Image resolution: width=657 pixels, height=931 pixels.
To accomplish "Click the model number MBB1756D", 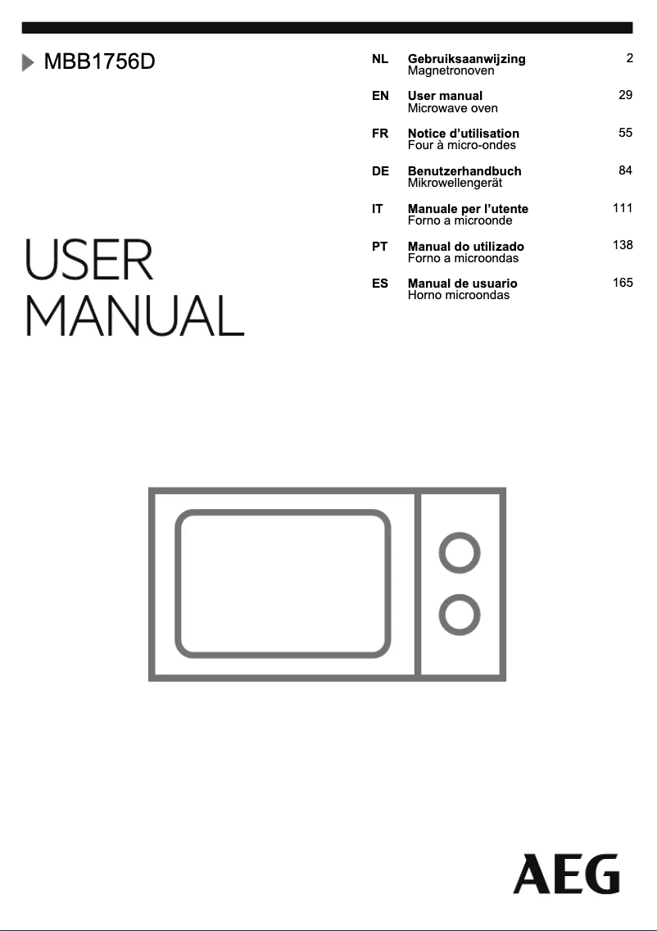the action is pos(100,61).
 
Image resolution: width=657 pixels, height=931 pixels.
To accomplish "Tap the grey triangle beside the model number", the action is pos(28,62).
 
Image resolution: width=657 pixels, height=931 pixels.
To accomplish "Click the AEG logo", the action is pos(566,874).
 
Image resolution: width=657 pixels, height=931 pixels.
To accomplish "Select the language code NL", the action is pos(380,59).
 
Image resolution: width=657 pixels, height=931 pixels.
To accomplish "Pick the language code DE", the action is pos(380,171).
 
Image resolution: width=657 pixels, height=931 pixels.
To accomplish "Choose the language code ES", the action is pos(380,284).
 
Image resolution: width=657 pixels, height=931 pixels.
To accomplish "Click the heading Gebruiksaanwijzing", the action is pos(466,59).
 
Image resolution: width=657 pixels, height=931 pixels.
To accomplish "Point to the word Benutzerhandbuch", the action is pos(464,171).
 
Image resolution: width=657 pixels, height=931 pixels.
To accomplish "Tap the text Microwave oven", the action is pos(453,108).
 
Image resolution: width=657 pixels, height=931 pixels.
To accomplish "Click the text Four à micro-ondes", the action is pos(462,145).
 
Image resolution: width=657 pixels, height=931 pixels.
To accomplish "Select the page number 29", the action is pos(626,95).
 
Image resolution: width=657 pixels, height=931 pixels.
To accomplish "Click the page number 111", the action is pos(623,208).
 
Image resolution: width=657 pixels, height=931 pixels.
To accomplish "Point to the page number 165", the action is pos(623,283).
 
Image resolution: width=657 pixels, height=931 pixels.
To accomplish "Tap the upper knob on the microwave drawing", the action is pos(460,552).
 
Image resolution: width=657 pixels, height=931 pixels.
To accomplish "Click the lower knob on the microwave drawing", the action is pos(460,615).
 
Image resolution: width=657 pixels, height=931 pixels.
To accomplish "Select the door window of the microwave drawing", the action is pos(283,584).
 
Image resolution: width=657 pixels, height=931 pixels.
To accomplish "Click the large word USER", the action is pos(89,260).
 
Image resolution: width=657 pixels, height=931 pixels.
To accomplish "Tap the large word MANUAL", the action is pos(134,316).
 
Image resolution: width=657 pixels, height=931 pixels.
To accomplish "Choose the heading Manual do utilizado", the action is pos(466,247).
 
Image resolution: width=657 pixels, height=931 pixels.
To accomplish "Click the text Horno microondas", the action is pos(459,295).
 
